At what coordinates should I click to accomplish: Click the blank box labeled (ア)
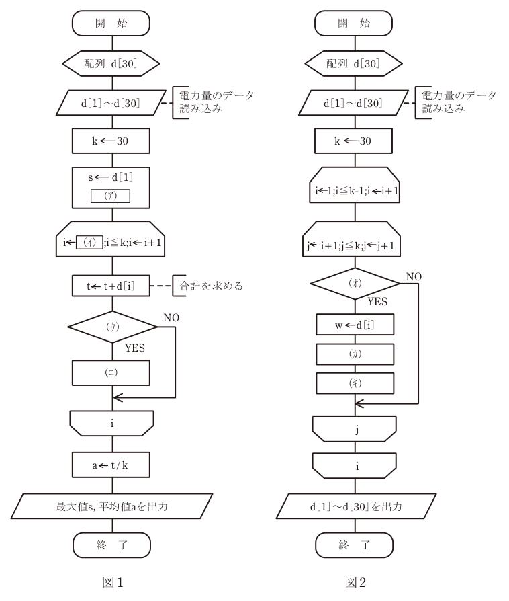pos(110,196)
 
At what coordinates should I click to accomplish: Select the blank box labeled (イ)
pos(89,242)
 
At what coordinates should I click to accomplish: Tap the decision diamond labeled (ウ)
pos(113,327)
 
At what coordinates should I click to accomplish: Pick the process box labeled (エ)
pos(111,372)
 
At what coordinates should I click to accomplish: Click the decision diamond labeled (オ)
pos(355,283)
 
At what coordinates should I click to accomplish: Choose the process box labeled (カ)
pos(355,354)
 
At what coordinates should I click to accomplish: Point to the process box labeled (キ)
pos(355,383)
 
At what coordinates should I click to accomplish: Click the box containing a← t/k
pos(111,465)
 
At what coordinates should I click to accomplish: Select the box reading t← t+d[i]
pos(111,286)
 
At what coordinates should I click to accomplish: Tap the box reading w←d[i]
pos(355,325)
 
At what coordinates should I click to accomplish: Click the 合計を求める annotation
pos(211,286)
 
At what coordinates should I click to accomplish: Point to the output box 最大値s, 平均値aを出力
pos(112,506)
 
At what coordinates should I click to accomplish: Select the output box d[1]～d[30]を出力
pos(356,506)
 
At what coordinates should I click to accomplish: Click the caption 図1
pos(113,583)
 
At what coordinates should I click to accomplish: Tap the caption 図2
pos(355,583)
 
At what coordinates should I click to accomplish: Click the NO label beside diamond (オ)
pos(414,277)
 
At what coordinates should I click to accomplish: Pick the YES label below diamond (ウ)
pos(135,348)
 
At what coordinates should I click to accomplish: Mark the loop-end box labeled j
pos(355,430)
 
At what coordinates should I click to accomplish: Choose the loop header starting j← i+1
pos(352,239)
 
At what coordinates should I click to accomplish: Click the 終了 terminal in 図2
pos(355,545)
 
